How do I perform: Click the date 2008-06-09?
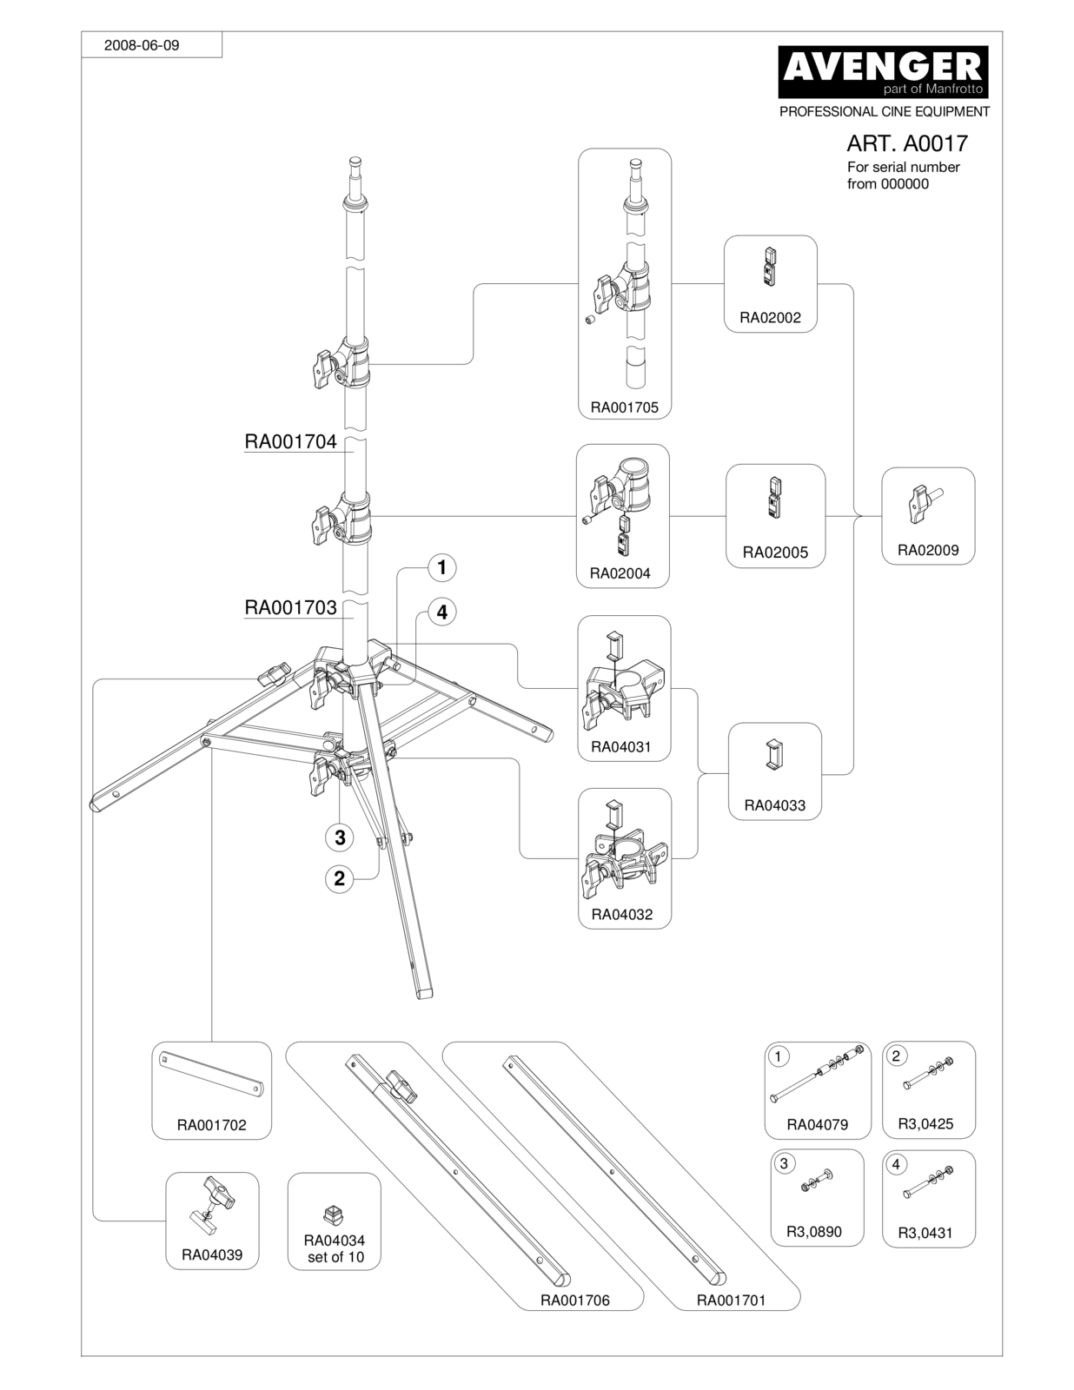(142, 45)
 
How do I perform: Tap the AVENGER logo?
(883, 71)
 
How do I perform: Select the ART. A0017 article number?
(907, 143)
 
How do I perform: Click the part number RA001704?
(290, 441)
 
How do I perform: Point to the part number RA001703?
(290, 607)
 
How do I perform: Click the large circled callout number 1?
(441, 567)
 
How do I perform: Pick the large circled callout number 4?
(441, 612)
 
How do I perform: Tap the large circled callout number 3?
(340, 837)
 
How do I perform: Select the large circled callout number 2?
(340, 878)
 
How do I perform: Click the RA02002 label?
(770, 318)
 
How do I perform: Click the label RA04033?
(774, 805)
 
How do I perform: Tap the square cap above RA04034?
(334, 1214)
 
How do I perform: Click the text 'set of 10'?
(335, 1257)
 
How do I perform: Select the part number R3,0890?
(813, 1231)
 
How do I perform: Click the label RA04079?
(818, 1124)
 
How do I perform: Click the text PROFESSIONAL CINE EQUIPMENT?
(884, 112)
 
